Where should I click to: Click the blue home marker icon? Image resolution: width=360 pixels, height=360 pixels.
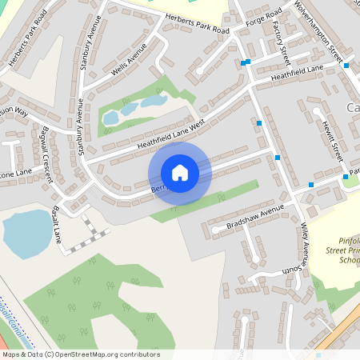coord(179,173)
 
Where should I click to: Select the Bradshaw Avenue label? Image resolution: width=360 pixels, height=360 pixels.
coord(255,215)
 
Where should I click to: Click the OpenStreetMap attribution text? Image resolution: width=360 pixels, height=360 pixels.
coord(81,354)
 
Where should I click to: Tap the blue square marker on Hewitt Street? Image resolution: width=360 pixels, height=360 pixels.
coord(346,176)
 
